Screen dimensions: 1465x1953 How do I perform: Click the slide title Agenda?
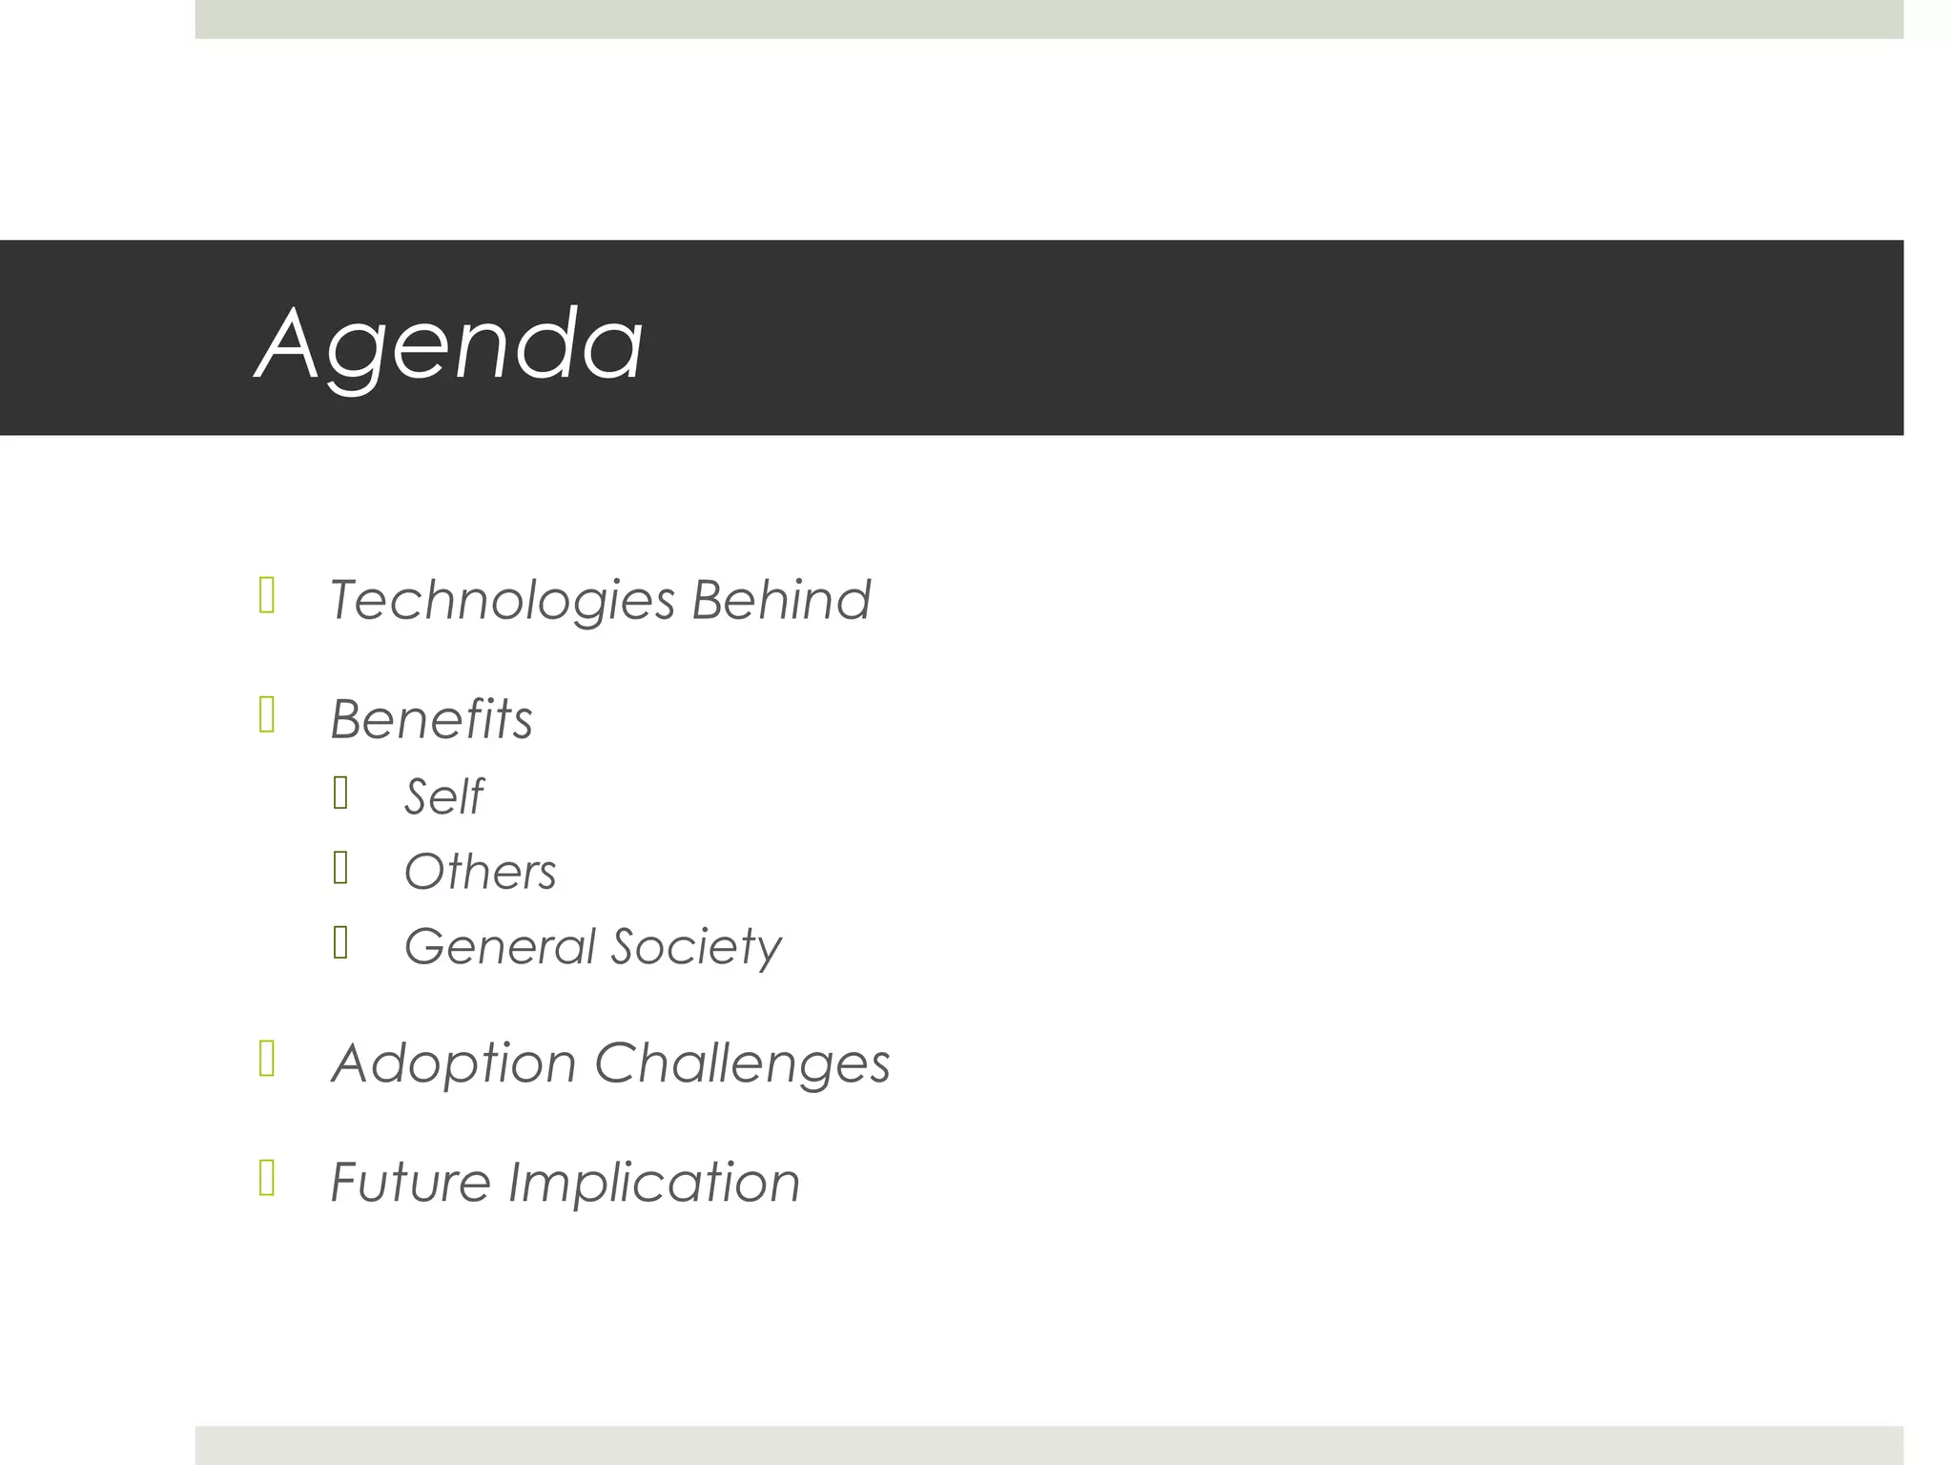coord(449,344)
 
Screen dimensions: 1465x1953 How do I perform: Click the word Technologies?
coord(502,601)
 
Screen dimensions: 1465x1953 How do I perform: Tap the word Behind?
coord(780,600)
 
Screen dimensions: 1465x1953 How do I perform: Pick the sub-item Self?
coord(443,796)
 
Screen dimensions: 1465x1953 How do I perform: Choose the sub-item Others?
coord(480,872)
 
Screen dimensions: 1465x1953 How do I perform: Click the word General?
coord(500,946)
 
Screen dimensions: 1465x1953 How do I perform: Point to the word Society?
coord(696,948)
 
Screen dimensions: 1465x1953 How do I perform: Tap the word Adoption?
coord(453,1063)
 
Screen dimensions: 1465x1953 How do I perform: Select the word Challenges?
coord(742,1063)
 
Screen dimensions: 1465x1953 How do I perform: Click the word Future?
coord(410,1183)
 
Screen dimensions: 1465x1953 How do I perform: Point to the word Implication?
coord(654,1183)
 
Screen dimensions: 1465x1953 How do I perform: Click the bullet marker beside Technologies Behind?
coord(267,595)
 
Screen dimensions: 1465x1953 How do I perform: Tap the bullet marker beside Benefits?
coord(267,714)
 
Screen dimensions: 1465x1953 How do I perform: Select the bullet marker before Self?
coord(340,793)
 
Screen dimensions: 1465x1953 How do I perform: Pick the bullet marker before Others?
coord(340,868)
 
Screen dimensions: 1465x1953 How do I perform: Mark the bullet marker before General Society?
coord(340,942)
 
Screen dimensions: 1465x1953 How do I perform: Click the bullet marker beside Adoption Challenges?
coord(267,1059)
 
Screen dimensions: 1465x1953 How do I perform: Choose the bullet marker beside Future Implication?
coord(267,1178)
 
